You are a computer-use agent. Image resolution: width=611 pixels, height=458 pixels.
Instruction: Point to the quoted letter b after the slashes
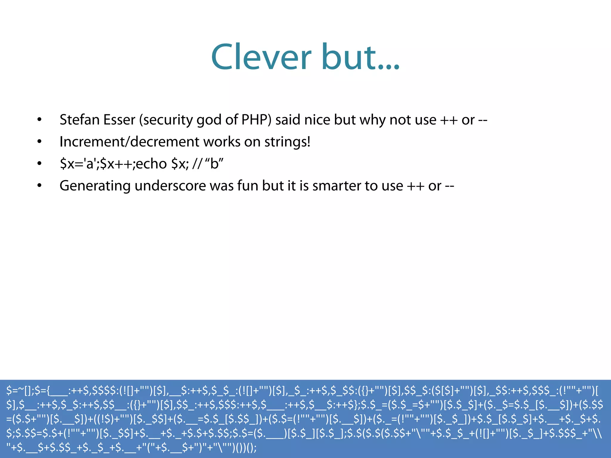(214, 164)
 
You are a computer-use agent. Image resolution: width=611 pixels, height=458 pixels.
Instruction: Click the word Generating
(95, 186)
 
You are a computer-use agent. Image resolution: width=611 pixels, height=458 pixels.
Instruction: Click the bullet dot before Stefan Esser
(39, 120)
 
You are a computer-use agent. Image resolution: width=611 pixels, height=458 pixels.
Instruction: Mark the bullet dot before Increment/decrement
(39, 142)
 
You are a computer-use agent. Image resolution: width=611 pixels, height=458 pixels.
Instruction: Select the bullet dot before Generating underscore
(39, 186)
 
